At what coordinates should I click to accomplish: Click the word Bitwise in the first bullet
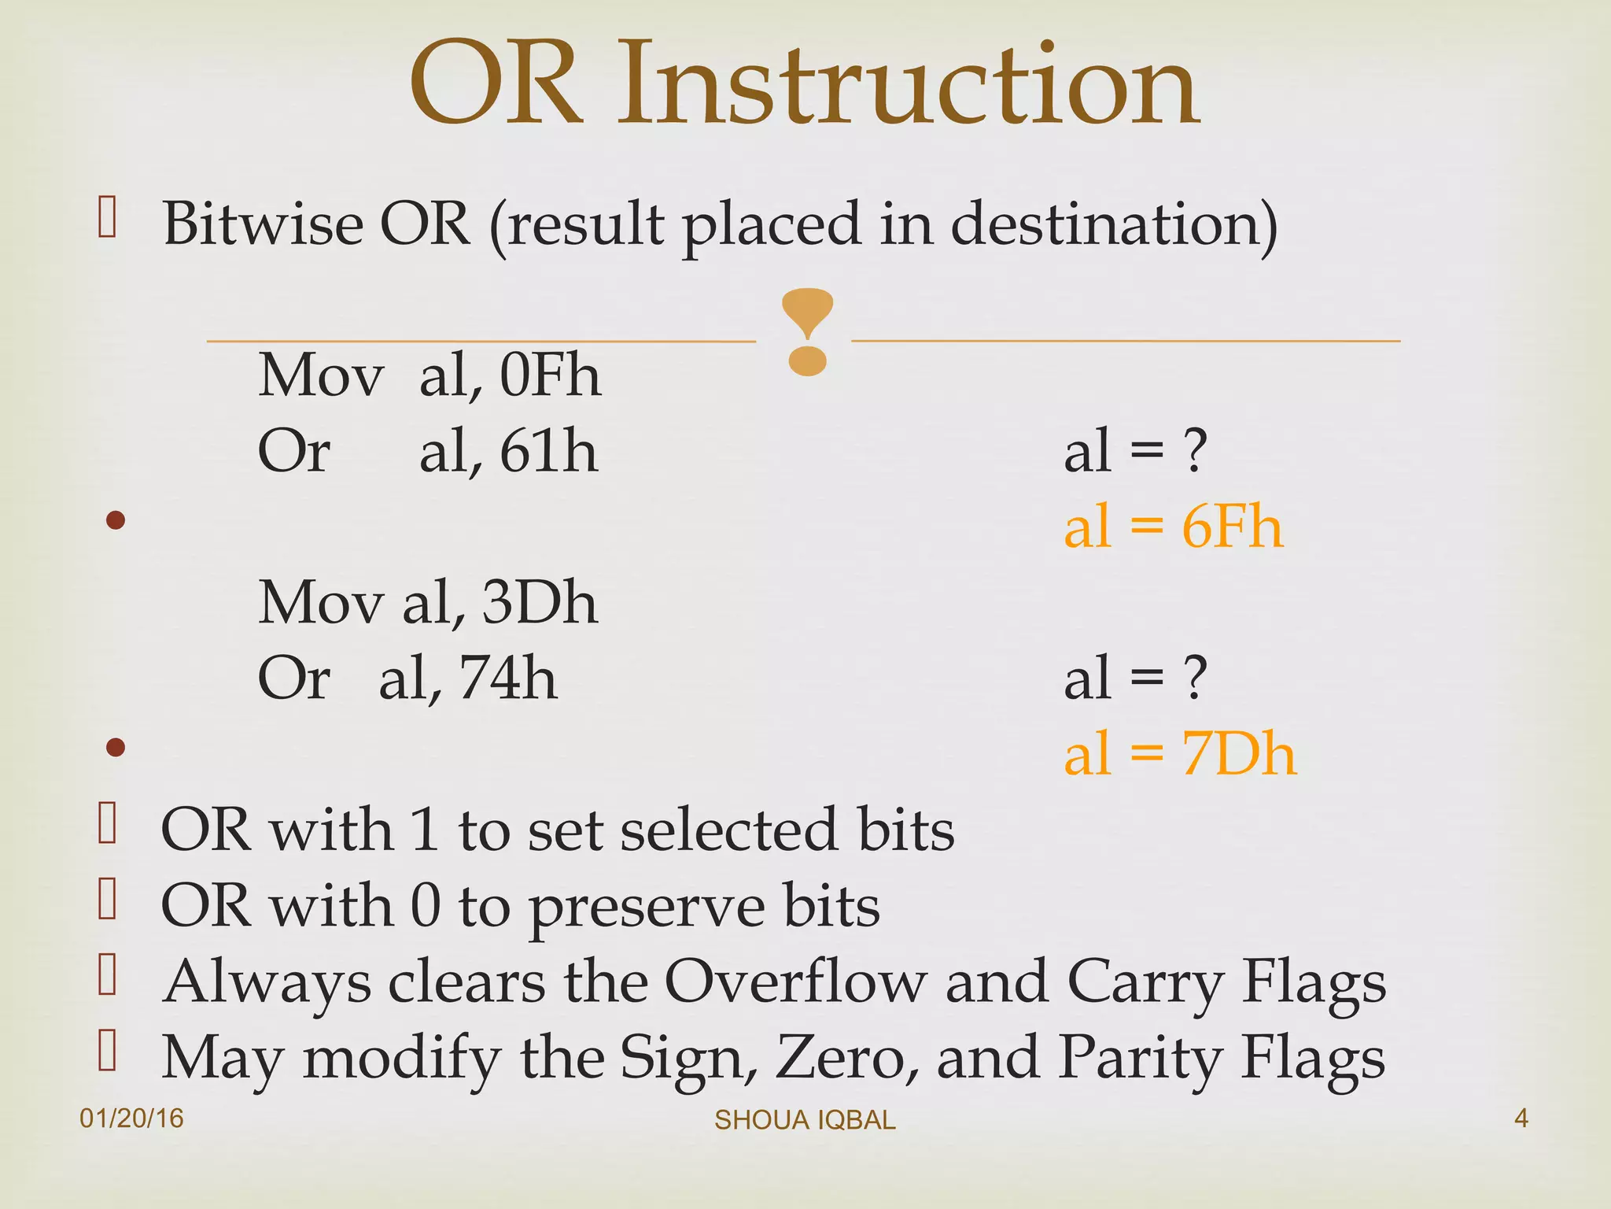tap(262, 224)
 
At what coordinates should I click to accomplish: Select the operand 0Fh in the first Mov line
tap(550, 375)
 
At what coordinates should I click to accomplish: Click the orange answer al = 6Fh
tap(1173, 527)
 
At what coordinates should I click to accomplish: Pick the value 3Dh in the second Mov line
tap(540, 603)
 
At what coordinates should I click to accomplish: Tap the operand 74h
tap(508, 678)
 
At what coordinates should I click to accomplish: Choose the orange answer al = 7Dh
tap(1179, 754)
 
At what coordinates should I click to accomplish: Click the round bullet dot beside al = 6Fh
tap(116, 520)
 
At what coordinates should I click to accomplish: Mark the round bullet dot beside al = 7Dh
tap(116, 747)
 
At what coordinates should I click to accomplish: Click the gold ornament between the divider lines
tap(807, 331)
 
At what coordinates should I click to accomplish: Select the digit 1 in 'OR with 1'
tap(424, 830)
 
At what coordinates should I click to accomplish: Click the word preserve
tap(647, 907)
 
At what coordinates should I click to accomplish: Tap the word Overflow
tap(795, 982)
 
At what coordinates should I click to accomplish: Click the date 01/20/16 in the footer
tap(131, 1118)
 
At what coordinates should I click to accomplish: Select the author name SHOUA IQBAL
tap(805, 1120)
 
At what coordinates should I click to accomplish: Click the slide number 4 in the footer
tap(1521, 1118)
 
